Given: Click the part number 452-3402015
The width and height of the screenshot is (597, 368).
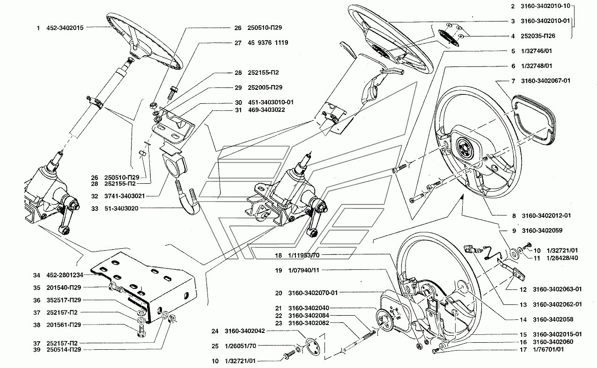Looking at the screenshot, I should (65, 28).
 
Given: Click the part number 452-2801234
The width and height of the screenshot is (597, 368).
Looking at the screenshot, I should (65, 275).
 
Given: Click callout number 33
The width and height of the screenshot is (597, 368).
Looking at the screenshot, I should (95, 208).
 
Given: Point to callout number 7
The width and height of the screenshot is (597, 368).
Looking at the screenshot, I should (513, 81).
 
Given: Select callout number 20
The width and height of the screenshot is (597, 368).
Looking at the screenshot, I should (279, 293).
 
